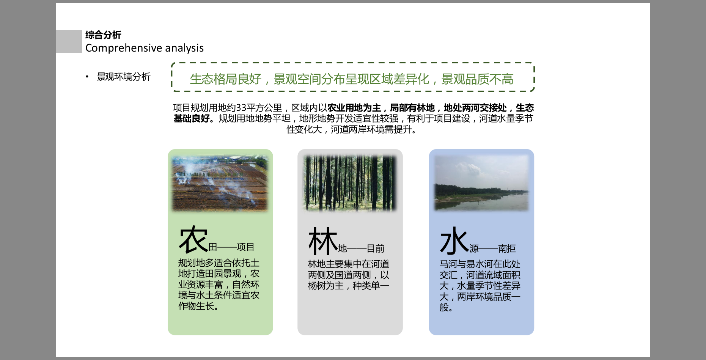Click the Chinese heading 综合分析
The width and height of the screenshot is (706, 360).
coord(103,35)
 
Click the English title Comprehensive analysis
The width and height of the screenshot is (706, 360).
coord(145,48)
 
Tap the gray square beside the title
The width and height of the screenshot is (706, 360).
coord(69,41)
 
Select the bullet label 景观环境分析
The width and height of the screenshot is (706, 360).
coord(124,77)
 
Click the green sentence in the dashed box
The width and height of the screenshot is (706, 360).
coord(352,79)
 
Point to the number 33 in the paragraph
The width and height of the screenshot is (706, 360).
coord(241,108)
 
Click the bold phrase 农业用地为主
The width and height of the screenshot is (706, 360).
coord(354,108)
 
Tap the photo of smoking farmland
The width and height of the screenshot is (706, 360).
coord(220,183)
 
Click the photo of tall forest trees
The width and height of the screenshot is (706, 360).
coord(350,183)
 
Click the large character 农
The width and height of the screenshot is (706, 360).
coord(193,240)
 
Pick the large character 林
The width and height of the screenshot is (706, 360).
coord(323,241)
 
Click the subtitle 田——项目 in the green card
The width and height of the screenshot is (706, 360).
coord(231,247)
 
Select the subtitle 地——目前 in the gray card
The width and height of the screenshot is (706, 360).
coord(361,249)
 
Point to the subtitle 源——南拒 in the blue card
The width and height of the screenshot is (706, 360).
coord(493,249)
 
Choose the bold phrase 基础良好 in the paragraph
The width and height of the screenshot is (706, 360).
coord(192,119)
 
